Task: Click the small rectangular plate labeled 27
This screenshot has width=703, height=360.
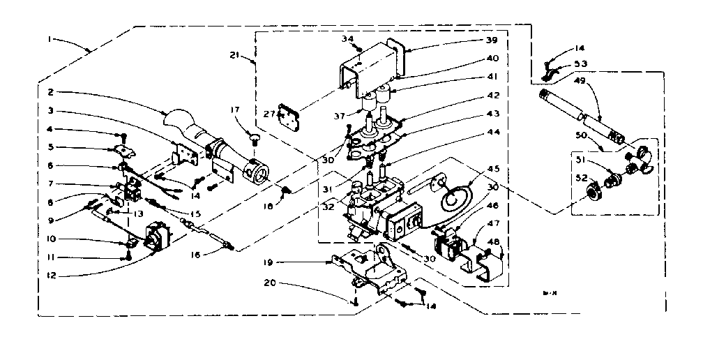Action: pyautogui.click(x=287, y=115)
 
